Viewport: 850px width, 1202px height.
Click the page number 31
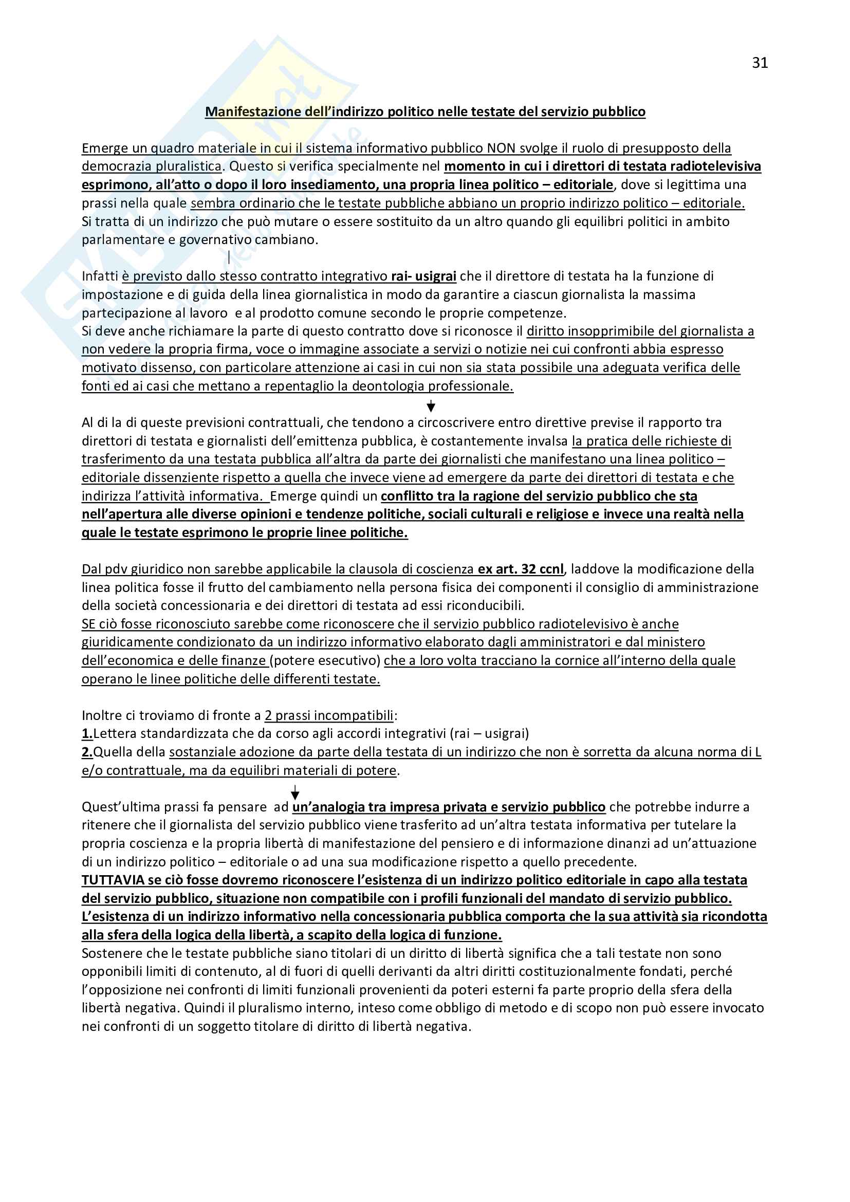pyautogui.click(x=760, y=63)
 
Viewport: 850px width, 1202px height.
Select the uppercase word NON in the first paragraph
pyautogui.click(x=501, y=148)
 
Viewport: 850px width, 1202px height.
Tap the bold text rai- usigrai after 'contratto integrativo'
pyautogui.click(x=423, y=276)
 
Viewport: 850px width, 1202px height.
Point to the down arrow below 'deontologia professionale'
pyautogui.click(x=431, y=406)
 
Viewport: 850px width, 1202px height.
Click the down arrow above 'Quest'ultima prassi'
pyautogui.click(x=294, y=792)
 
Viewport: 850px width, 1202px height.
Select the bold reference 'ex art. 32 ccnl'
pyautogui.click(x=520, y=569)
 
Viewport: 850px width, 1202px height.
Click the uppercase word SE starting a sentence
pyautogui.click(x=88, y=624)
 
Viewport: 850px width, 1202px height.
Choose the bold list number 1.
pyautogui.click(x=87, y=733)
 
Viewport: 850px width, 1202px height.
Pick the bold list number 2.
pyautogui.click(x=87, y=752)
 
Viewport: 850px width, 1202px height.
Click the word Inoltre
pyautogui.click(x=101, y=715)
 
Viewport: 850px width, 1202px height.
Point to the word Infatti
pyautogui.click(x=100, y=276)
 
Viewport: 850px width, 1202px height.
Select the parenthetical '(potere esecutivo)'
pyautogui.click(x=324, y=661)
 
